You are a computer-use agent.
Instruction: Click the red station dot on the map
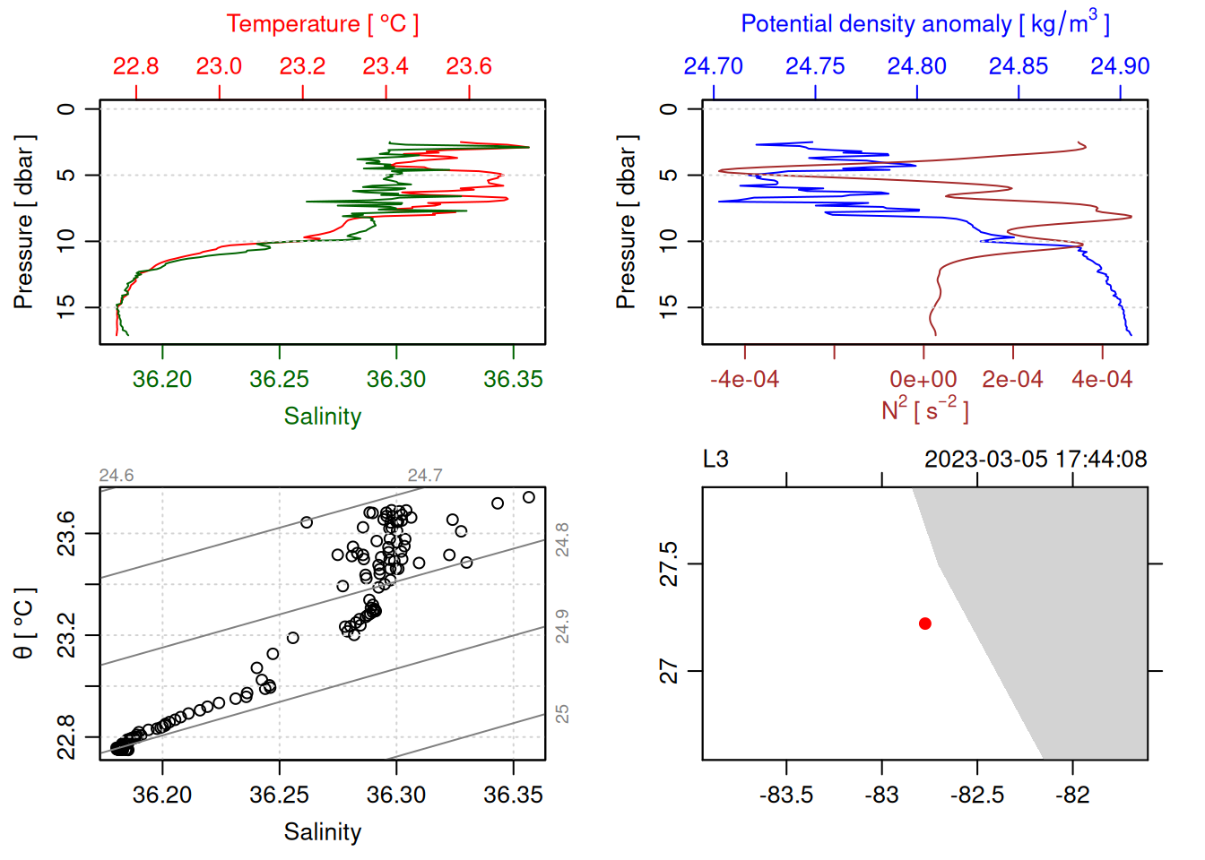point(924,623)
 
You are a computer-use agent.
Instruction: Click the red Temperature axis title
point(322,24)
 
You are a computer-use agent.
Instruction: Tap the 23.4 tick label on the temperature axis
point(386,66)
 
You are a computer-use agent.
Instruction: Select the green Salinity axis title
point(322,417)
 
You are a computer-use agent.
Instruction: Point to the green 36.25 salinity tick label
point(279,380)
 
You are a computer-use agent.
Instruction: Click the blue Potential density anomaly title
point(924,23)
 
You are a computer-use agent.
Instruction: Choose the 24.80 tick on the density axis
point(916,66)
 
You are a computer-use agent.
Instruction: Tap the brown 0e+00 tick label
point(923,380)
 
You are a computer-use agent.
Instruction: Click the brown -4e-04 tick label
point(744,380)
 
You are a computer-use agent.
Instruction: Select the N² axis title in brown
point(924,409)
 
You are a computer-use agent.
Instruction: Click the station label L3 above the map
point(715,460)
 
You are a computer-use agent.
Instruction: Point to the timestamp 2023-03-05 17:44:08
point(1036,460)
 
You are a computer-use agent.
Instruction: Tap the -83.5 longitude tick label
point(786,795)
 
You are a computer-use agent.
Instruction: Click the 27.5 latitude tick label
point(669,564)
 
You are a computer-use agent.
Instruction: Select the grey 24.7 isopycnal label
point(425,476)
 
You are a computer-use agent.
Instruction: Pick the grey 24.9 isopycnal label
point(562,626)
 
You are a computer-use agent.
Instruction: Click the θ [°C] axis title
point(24,623)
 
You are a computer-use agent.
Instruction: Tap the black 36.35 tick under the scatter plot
point(513,795)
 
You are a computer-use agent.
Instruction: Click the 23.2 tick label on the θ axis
point(66,635)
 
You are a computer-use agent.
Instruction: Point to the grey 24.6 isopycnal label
point(117,476)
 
